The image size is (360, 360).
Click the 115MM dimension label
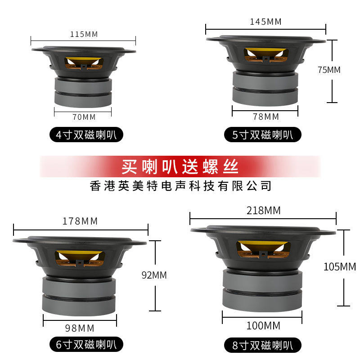(84, 34)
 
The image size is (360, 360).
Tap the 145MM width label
(265, 22)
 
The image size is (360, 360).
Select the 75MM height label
(329, 70)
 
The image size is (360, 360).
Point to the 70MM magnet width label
(84, 117)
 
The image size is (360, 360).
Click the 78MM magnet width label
(266, 117)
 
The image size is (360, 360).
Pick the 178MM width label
(81, 221)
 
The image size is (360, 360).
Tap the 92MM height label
(154, 275)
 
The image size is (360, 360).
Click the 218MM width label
(263, 210)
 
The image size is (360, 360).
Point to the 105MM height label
(340, 267)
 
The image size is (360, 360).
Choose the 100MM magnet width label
(263, 325)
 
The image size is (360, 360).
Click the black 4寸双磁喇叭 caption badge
(85, 135)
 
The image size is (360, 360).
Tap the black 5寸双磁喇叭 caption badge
(263, 135)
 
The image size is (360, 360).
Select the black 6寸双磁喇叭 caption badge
(85, 345)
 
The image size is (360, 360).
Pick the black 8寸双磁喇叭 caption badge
(263, 345)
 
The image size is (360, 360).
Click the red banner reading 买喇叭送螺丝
(180, 167)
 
